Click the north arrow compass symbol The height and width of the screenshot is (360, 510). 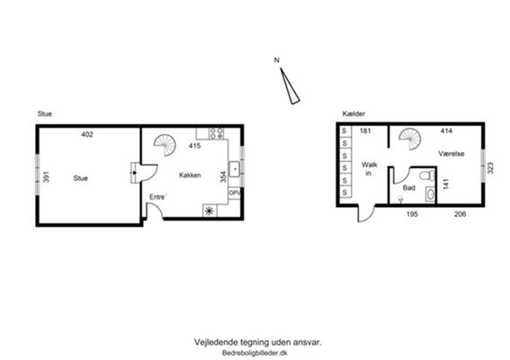(290, 86)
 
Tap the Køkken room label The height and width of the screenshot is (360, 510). (190, 175)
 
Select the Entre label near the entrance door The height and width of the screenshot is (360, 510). (158, 197)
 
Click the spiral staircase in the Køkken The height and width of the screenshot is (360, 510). (166, 145)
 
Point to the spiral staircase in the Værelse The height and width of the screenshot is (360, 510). (410, 139)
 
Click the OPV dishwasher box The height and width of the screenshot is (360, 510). (235, 193)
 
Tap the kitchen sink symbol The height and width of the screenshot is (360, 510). (235, 169)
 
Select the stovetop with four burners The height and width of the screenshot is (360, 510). (217, 133)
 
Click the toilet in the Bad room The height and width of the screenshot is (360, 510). (426, 175)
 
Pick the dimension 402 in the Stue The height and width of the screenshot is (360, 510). (87, 134)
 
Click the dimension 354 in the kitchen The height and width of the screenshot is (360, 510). (223, 176)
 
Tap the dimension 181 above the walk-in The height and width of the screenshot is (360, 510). (365, 130)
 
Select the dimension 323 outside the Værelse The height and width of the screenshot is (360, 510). (491, 167)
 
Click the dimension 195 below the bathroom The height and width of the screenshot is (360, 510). (412, 214)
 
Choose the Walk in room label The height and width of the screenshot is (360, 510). (369, 168)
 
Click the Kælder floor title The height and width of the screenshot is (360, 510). (353, 113)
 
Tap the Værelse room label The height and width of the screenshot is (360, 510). (452, 153)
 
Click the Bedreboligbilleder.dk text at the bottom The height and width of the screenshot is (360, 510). (255, 353)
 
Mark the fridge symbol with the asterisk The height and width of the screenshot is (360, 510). (209, 211)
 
